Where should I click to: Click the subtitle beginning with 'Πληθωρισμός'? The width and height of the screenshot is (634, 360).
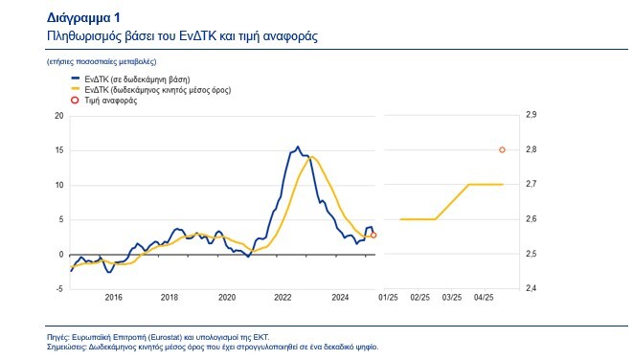(x=182, y=34)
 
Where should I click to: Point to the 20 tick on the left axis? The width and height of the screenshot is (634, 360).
(x=58, y=116)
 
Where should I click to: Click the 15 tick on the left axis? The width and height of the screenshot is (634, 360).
(x=58, y=150)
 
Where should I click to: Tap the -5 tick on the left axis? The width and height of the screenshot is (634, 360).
(x=59, y=289)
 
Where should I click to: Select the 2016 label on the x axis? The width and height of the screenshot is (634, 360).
(x=112, y=298)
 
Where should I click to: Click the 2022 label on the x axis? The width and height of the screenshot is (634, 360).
(x=284, y=298)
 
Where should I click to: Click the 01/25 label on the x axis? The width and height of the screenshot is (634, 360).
(x=389, y=298)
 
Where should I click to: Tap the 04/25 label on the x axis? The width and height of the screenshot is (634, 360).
(x=485, y=298)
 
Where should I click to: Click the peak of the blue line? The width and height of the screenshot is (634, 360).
(x=297, y=146)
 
